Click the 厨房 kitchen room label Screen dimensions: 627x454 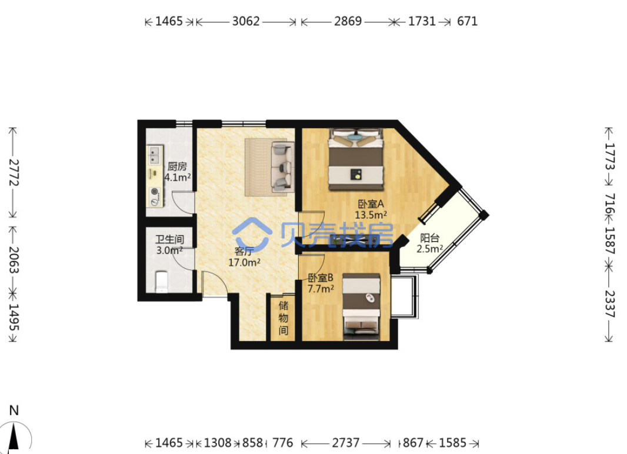(x=177, y=166)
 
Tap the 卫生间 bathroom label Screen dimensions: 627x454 (x=169, y=239)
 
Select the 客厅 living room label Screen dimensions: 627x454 (x=244, y=251)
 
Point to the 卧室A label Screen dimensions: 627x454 (x=371, y=204)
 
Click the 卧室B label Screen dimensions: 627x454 (x=321, y=278)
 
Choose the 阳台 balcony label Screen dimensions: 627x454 (x=430, y=238)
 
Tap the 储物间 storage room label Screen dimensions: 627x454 (x=284, y=318)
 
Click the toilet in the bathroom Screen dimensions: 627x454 (x=162, y=281)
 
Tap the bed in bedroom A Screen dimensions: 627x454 (x=356, y=159)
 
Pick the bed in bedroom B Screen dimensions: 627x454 (x=362, y=307)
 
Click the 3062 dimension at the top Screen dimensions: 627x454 (x=246, y=21)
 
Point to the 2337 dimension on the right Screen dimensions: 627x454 (x=610, y=303)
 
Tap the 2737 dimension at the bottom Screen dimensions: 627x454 (x=345, y=443)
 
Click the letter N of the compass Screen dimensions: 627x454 (x=14, y=410)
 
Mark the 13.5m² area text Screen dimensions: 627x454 (x=371, y=215)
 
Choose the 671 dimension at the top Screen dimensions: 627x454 (x=468, y=21)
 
